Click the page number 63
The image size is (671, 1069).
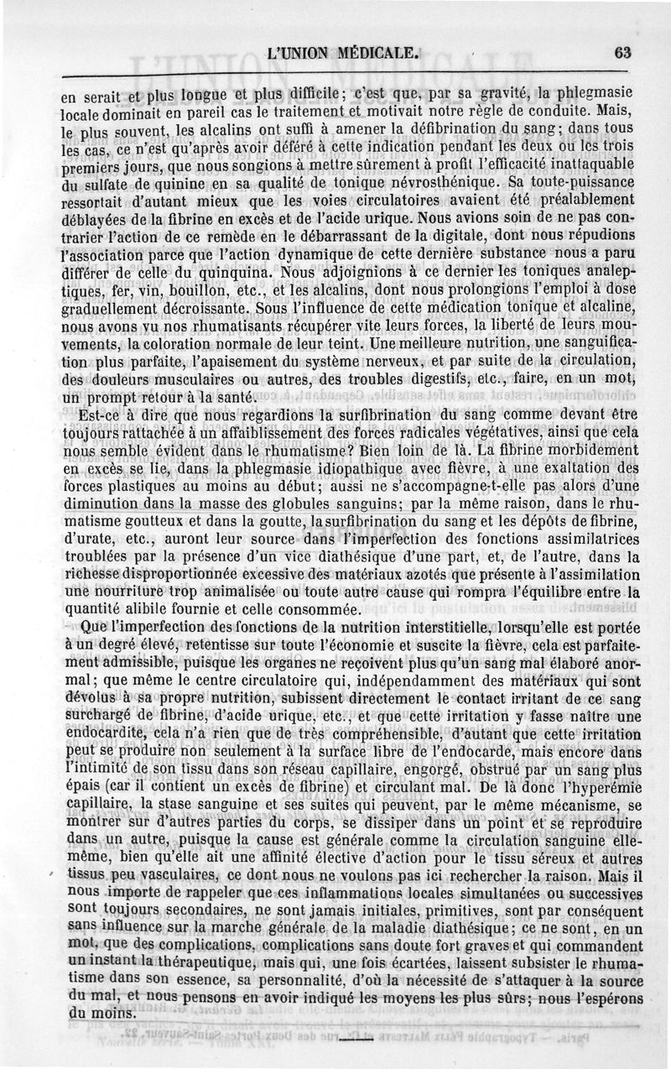622,52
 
